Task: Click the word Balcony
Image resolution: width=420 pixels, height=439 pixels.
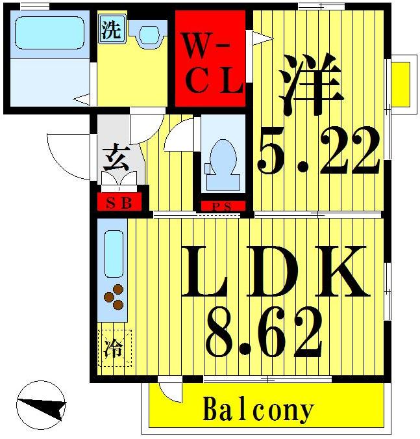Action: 258,410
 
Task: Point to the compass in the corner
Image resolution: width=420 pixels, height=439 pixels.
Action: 41,405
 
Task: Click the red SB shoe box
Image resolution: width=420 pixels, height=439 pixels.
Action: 119,202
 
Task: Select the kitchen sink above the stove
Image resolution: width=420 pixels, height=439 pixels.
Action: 115,254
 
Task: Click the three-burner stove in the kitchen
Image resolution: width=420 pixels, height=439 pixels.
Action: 115,297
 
